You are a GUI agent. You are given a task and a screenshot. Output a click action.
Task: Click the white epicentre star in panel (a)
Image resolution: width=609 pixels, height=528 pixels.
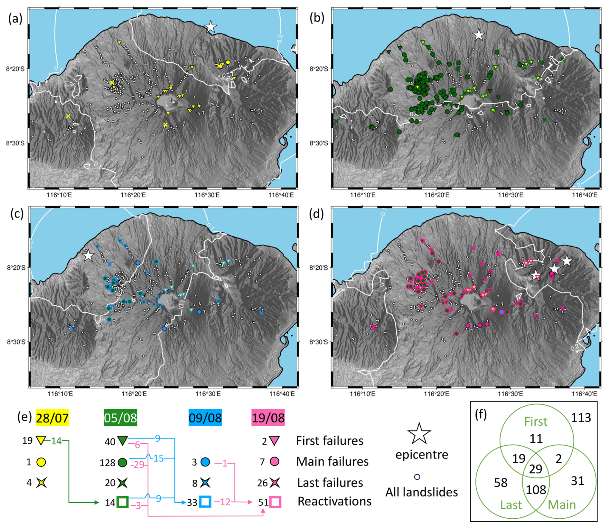(211, 27)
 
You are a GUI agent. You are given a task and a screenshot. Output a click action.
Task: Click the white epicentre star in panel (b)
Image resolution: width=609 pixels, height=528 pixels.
(479, 35)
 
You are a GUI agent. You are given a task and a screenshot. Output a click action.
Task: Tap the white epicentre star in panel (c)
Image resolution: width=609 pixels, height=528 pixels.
(88, 256)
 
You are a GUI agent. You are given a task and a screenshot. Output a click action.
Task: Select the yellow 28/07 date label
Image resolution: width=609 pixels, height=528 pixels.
(52, 418)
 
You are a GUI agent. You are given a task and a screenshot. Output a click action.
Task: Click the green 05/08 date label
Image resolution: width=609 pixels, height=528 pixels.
(120, 418)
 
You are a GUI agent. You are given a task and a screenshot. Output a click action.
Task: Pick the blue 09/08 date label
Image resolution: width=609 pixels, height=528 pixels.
(205, 418)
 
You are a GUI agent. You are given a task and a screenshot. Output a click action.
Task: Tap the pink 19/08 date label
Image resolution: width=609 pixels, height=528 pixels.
(268, 418)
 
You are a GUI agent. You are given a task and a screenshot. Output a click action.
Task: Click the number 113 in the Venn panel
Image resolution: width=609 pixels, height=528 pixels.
(581, 418)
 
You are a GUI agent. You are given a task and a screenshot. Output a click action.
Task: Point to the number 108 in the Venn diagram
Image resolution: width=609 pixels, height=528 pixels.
(536, 490)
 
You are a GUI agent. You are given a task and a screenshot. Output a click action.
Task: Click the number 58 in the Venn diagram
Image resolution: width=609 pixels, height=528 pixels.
(501, 483)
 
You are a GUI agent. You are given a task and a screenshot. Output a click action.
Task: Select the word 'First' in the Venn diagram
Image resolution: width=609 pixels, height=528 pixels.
(536, 421)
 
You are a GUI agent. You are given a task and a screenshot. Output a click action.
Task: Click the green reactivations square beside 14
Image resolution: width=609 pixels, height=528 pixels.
(122, 502)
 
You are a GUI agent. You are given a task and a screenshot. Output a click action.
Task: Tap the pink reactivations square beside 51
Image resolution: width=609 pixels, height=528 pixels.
(276, 502)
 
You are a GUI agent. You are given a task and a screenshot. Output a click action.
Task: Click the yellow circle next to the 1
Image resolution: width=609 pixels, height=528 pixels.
(41, 462)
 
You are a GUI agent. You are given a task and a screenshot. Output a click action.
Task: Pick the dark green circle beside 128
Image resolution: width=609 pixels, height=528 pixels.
(122, 463)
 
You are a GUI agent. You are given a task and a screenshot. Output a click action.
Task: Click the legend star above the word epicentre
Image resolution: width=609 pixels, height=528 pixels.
(419, 433)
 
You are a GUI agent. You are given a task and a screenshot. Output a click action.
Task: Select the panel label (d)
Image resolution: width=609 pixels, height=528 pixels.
(316, 214)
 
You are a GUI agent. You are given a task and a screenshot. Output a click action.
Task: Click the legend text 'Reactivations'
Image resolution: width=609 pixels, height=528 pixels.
(334, 501)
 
